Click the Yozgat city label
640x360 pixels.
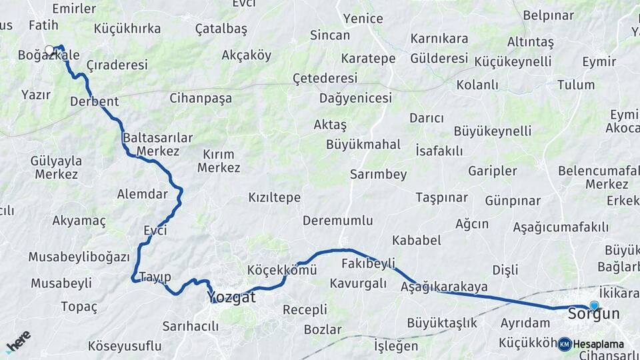point(231,297)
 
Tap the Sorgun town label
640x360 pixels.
point(593,313)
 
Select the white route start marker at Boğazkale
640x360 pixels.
point(49,49)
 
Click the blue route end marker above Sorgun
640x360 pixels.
point(594,305)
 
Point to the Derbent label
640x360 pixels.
point(94,101)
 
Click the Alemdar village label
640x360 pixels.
point(142,194)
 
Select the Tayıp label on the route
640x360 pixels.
point(155,277)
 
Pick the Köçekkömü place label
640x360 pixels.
point(281,270)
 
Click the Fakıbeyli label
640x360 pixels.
point(368,263)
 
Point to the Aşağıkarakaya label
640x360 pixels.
point(444,287)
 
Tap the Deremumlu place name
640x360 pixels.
point(337,220)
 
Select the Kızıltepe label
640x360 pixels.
point(274,197)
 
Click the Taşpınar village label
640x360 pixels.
point(441,197)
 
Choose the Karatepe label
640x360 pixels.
point(368,58)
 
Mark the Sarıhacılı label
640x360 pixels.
point(191,326)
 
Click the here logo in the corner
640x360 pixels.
point(19,341)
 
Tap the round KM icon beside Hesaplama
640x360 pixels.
point(565,344)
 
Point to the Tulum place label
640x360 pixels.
point(576,85)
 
